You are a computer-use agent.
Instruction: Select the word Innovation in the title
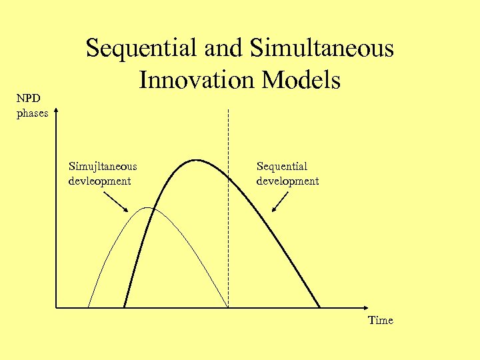198,80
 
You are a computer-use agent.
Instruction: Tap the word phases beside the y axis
32,113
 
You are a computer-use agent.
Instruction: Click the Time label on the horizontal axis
381,321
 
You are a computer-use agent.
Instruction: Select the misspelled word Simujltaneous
103,167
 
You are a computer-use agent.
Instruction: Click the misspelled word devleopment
99,181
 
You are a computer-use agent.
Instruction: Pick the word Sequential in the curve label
282,167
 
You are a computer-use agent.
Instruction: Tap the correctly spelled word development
287,181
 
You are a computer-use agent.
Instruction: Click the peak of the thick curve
196,160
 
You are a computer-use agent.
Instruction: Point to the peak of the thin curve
149,209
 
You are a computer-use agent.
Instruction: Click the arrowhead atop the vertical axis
57,107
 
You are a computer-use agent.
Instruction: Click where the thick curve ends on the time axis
319,307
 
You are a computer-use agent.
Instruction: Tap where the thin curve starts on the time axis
88,307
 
